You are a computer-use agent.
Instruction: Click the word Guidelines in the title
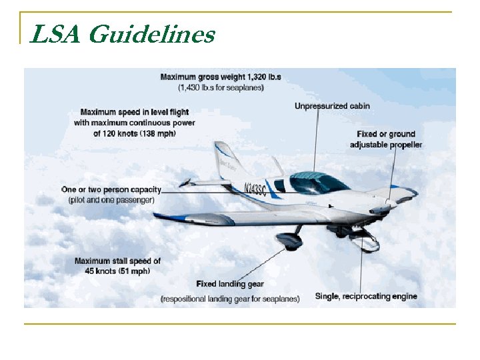152,34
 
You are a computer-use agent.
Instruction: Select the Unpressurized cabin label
332,106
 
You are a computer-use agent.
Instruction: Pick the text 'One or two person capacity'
111,189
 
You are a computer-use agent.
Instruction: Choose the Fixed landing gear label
230,285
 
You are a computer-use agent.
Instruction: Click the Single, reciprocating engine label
366,296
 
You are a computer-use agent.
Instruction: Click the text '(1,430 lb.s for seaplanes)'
220,87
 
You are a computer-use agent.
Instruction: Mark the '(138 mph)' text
159,133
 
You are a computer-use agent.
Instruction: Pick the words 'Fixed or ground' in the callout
385,134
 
